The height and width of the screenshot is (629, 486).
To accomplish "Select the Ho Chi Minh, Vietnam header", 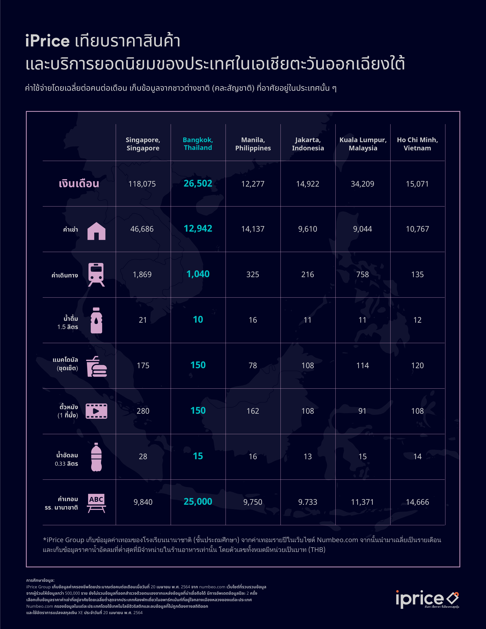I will [417, 144].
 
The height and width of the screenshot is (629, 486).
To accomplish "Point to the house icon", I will [96, 231].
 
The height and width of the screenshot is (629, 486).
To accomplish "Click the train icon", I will [96, 274].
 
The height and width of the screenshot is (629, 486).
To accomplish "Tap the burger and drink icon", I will [96, 366].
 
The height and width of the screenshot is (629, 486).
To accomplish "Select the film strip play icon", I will [96, 411].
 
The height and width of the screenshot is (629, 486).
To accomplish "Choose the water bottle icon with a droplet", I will [96, 320].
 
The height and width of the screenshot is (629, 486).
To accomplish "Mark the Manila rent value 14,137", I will [253, 229].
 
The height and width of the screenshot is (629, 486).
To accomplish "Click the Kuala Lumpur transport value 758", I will [363, 274].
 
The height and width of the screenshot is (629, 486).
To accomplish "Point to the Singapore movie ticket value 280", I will [143, 411].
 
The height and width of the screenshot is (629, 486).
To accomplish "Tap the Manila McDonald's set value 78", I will [253, 366].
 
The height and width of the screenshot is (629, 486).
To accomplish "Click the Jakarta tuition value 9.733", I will [308, 502].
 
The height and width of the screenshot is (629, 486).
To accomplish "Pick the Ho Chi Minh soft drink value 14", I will [417, 456].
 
